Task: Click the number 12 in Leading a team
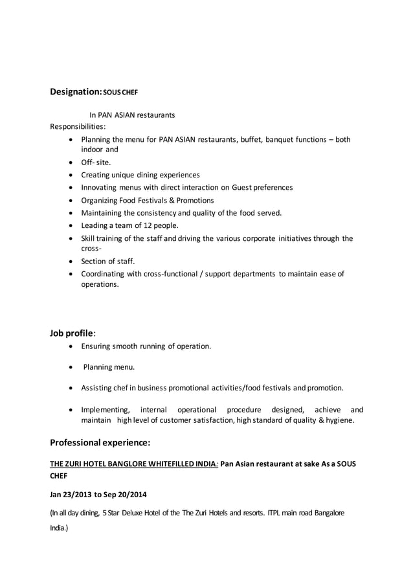coord(144,225)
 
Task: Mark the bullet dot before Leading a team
coord(71,225)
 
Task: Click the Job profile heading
coord(73,333)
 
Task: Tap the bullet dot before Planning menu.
coord(71,367)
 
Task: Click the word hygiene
coord(339,420)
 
